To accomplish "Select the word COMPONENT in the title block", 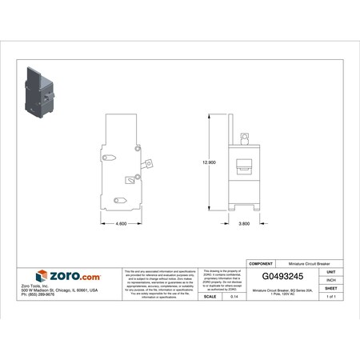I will pyautogui.click(x=263, y=262).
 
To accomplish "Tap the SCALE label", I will pyautogui.click(x=210, y=296).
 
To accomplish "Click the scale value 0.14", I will pyautogui.click(x=234, y=296).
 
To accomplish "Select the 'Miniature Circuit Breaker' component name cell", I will pyautogui.click(x=309, y=262).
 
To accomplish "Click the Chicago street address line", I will pyautogui.click(x=59, y=290).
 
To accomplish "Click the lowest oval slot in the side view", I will pyautogui.click(x=121, y=200).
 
